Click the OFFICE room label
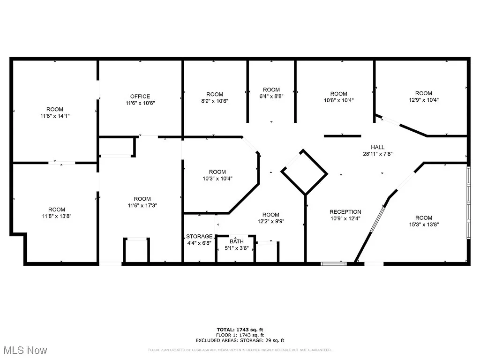(x=140, y=97)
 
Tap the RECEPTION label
(x=345, y=212)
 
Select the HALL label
(x=378, y=147)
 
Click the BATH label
(x=237, y=241)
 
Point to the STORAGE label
(x=199, y=236)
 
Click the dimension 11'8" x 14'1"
(x=54, y=115)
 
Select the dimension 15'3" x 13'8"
(x=423, y=224)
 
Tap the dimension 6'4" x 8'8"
(x=271, y=96)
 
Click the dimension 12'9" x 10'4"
(x=423, y=100)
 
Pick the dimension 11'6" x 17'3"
(x=142, y=205)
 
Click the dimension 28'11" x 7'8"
(x=378, y=154)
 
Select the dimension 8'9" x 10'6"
(x=214, y=101)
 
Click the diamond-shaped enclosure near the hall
(x=304, y=172)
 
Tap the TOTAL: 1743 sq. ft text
(x=243, y=330)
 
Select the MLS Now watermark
(x=24, y=350)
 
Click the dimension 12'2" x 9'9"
(x=270, y=221)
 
